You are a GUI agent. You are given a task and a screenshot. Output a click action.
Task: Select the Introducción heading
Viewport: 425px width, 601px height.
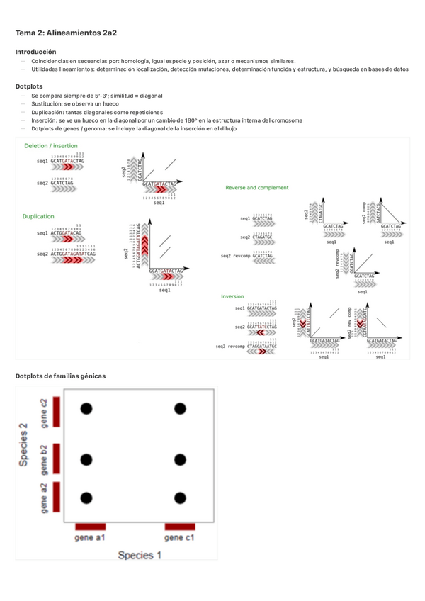coord(35,52)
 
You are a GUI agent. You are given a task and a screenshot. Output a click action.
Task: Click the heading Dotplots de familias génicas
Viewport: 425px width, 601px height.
coord(60,376)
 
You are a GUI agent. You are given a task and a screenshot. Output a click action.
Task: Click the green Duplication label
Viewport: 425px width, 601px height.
coord(39,215)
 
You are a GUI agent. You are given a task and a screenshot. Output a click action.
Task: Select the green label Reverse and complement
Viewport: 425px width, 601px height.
coord(256,188)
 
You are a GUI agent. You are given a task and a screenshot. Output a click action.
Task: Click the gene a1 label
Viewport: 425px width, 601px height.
coord(90,539)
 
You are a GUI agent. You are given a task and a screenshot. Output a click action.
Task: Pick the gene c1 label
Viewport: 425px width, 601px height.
coord(180,539)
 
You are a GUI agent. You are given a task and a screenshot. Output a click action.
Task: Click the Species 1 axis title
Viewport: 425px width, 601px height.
coord(140,555)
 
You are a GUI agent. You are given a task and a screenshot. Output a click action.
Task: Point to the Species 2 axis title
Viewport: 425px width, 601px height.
coord(23,445)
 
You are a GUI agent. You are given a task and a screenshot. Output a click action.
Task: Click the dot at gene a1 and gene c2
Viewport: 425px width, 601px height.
coord(86,408)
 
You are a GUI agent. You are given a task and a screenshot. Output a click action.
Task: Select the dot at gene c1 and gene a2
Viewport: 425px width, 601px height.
coord(180,498)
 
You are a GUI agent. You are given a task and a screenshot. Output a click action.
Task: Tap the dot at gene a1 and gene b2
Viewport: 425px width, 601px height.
coord(86,460)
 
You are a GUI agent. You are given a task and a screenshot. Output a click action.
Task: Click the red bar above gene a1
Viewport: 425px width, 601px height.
coord(90,527)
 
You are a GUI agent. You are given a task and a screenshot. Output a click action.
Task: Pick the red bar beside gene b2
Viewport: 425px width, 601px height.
coord(57,460)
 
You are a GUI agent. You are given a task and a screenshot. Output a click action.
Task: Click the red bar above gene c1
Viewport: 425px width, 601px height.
coord(180,527)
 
